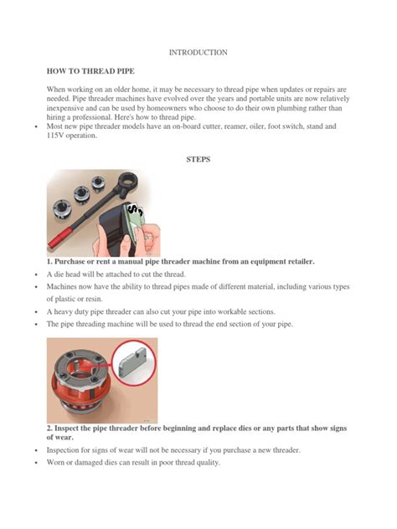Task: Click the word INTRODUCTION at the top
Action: coord(198,52)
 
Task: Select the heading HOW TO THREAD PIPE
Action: coord(90,72)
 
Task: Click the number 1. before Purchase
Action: coord(50,261)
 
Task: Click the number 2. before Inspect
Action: coord(50,428)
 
